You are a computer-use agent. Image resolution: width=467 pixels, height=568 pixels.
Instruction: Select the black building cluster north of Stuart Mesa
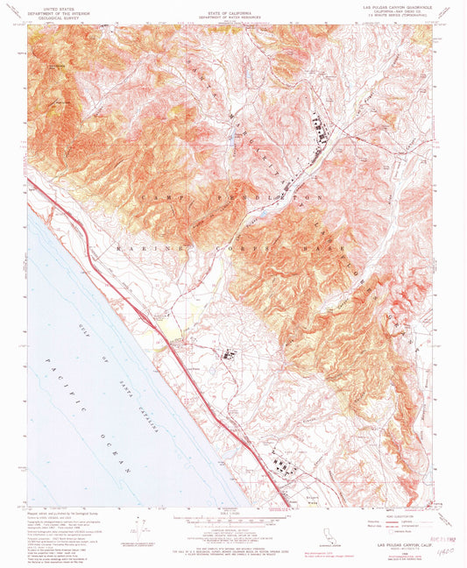tap(282, 463)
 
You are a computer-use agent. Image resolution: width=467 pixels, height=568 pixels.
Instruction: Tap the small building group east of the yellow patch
tap(230, 355)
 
